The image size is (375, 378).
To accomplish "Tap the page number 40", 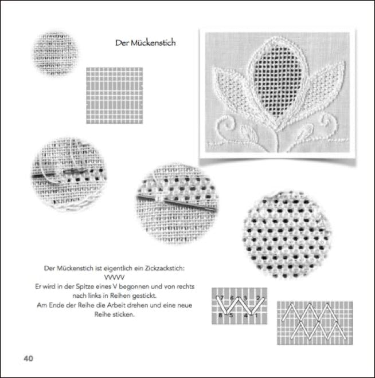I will pyautogui.click(x=28, y=359).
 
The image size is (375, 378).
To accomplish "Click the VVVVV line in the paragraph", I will pyautogui.click(x=119, y=276).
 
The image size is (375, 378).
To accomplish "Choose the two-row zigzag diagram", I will pyautogui.click(x=315, y=322).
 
